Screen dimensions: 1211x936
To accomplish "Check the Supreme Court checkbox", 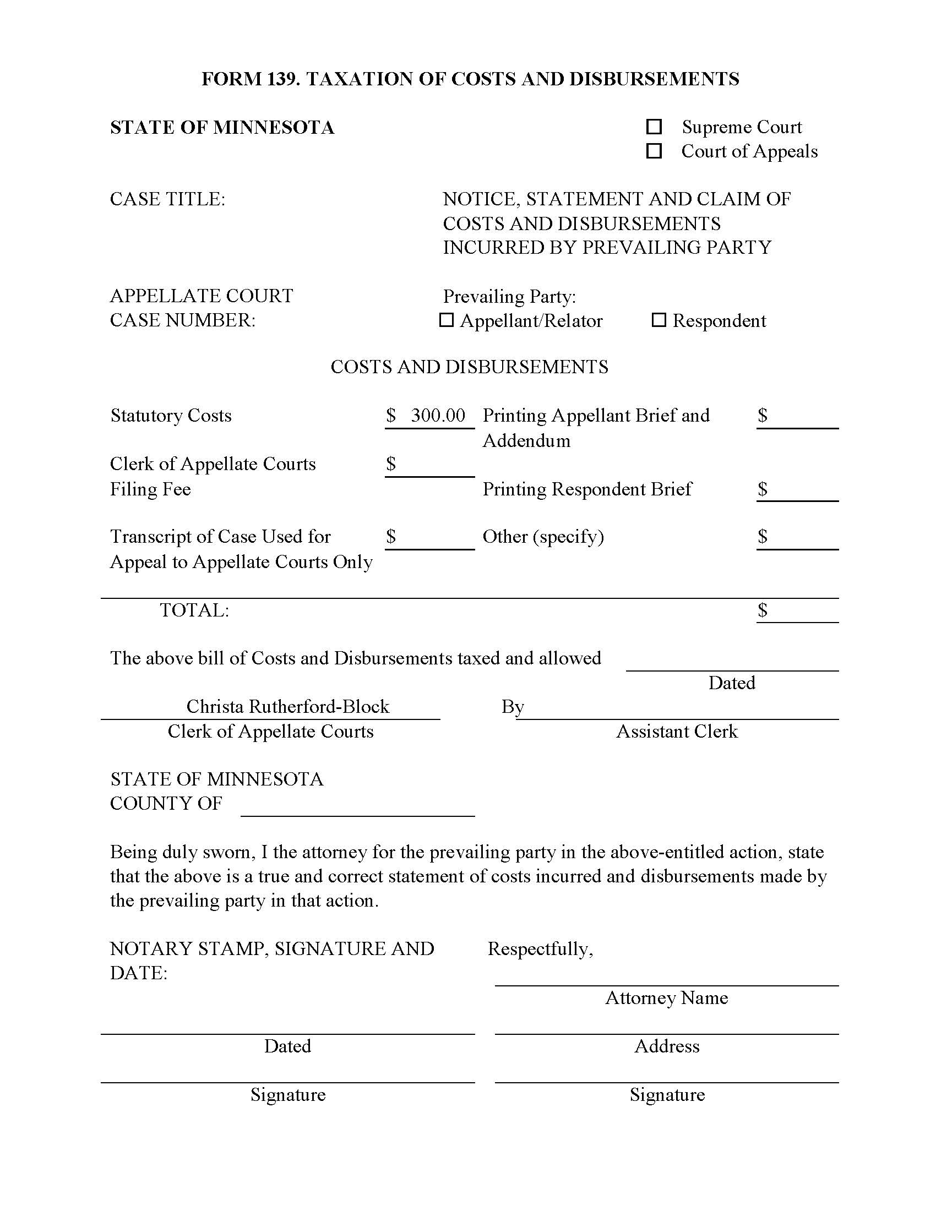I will tap(654, 127).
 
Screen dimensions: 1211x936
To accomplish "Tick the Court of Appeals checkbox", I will tap(654, 151).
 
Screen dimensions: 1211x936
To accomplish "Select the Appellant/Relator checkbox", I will tap(447, 320).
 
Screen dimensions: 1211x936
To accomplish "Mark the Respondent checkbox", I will tap(659, 320).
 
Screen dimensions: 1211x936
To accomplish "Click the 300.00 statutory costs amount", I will tap(438, 415).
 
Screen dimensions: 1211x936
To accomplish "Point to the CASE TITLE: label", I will tap(167, 199).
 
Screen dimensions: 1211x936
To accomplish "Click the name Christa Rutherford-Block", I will tap(288, 706).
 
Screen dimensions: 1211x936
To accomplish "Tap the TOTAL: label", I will tap(194, 610).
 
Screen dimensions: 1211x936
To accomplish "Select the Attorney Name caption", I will tap(667, 998).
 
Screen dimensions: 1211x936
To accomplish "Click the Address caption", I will tap(667, 1046).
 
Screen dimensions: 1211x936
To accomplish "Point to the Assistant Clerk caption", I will tap(677, 732).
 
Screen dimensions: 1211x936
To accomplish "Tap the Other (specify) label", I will tap(543, 537).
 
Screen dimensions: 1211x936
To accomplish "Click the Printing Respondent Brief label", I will tap(587, 489).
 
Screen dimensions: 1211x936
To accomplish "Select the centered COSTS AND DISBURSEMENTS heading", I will tap(469, 367).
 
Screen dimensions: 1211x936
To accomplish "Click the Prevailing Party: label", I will tap(509, 297).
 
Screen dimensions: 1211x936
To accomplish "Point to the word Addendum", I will tap(526, 441).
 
